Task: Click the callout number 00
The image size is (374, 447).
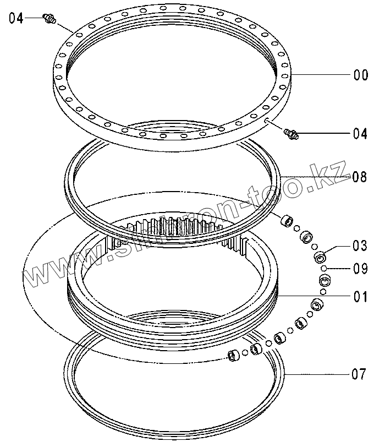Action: click(360, 75)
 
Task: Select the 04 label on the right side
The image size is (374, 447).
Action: click(360, 134)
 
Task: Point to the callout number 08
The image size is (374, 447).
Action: click(360, 177)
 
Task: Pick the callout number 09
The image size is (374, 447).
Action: click(360, 269)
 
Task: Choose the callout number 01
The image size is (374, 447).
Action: click(360, 297)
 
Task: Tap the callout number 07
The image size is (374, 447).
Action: click(359, 375)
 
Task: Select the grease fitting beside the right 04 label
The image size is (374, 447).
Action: click(290, 133)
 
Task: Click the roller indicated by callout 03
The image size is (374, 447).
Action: click(320, 257)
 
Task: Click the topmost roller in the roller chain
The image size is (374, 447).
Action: click(286, 222)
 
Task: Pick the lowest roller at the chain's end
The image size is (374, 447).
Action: click(233, 356)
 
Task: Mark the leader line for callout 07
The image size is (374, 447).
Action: click(319, 375)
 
